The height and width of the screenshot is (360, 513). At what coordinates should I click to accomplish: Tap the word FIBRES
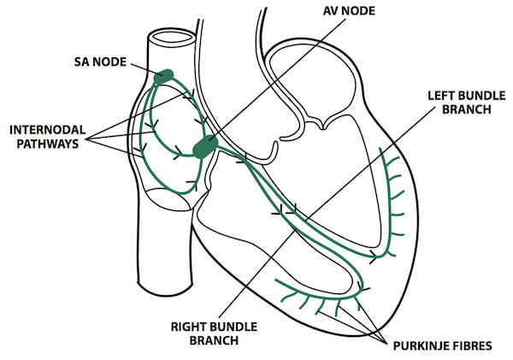470,346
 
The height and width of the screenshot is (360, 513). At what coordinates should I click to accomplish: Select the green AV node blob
205,147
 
